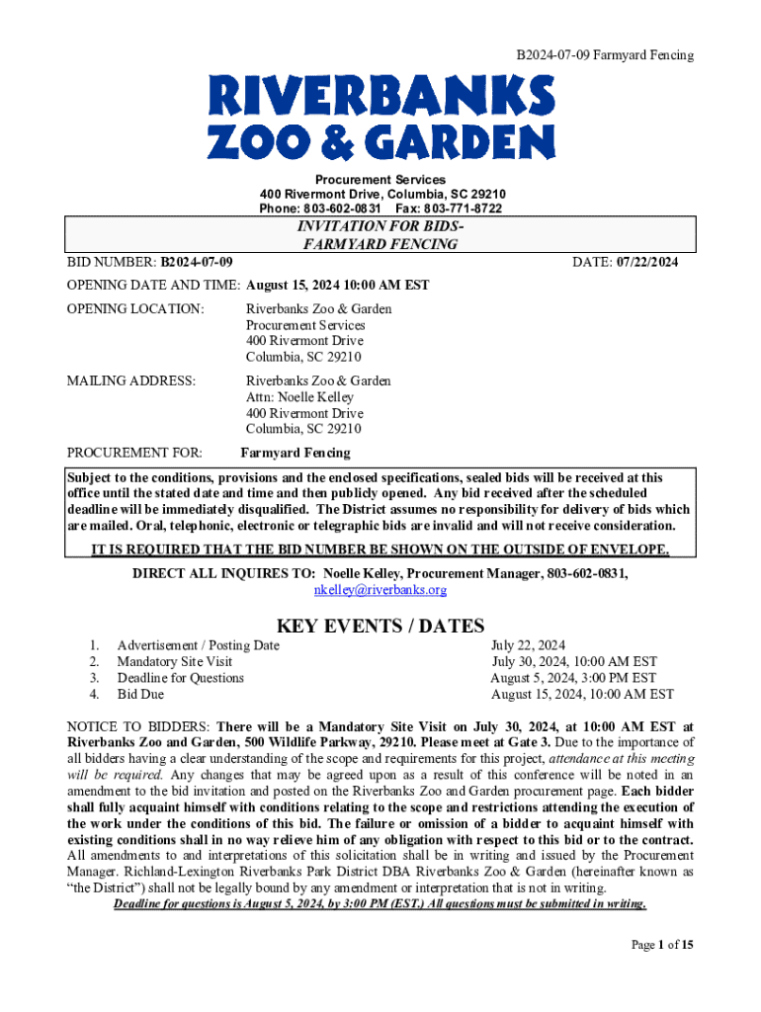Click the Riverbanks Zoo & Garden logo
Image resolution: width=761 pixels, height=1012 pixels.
coord(380,119)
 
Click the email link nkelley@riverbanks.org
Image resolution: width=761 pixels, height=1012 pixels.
coord(380,590)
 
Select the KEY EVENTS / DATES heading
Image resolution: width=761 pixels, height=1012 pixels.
coord(380,626)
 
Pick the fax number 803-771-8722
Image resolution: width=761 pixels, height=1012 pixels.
coord(465,210)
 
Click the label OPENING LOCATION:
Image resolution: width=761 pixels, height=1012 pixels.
coord(135,309)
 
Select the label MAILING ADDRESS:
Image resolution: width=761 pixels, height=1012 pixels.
coord(130,380)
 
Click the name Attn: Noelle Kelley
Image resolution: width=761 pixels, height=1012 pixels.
coord(299,397)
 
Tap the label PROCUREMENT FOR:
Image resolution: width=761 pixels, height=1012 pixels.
coord(134,453)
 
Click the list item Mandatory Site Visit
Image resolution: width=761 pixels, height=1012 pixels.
coord(175,662)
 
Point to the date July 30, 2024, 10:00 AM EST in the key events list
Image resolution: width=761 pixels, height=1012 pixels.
coord(574,662)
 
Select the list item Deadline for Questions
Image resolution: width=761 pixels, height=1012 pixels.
coord(180,678)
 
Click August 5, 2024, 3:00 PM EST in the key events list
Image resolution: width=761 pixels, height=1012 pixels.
coord(573,678)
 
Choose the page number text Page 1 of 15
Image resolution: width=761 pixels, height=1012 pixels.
coord(662,946)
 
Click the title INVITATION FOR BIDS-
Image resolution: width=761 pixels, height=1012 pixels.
coord(380,226)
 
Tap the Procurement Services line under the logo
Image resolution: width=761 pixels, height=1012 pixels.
coord(380,180)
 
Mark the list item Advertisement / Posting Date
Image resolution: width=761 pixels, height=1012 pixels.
coord(198,645)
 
